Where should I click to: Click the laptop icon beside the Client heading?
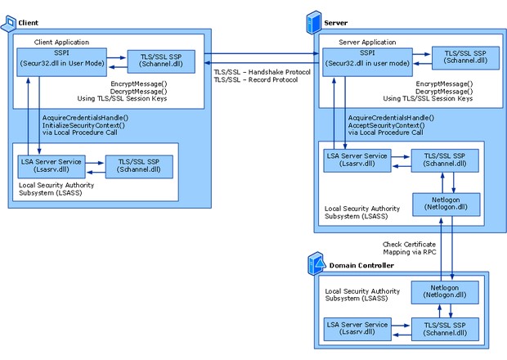pos(9,24)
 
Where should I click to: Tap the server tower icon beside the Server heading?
pos(314,22)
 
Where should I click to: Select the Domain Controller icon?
pos(316,263)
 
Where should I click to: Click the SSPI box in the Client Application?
pos(62,62)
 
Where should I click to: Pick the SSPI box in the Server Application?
pos(368,62)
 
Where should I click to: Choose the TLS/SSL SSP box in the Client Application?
pos(161,61)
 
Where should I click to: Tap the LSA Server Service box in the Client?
pos(52,167)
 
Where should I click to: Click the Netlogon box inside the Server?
pos(446,205)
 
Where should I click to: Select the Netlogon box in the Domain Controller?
pos(445,292)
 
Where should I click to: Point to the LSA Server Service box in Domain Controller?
pos(357,329)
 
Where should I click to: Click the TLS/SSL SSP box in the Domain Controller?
pos(445,329)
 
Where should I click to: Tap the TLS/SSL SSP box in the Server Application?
pos(465,58)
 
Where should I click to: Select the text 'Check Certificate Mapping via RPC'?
pos(410,248)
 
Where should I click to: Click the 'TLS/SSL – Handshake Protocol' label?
pos(262,72)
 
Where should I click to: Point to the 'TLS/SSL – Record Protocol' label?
pos(255,79)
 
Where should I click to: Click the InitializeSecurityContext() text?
pos(83,125)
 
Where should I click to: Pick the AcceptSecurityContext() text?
pos(387,125)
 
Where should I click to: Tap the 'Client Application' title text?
pos(61,42)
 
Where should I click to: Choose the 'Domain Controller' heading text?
pos(361,266)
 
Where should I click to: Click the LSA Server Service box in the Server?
pos(357,160)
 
